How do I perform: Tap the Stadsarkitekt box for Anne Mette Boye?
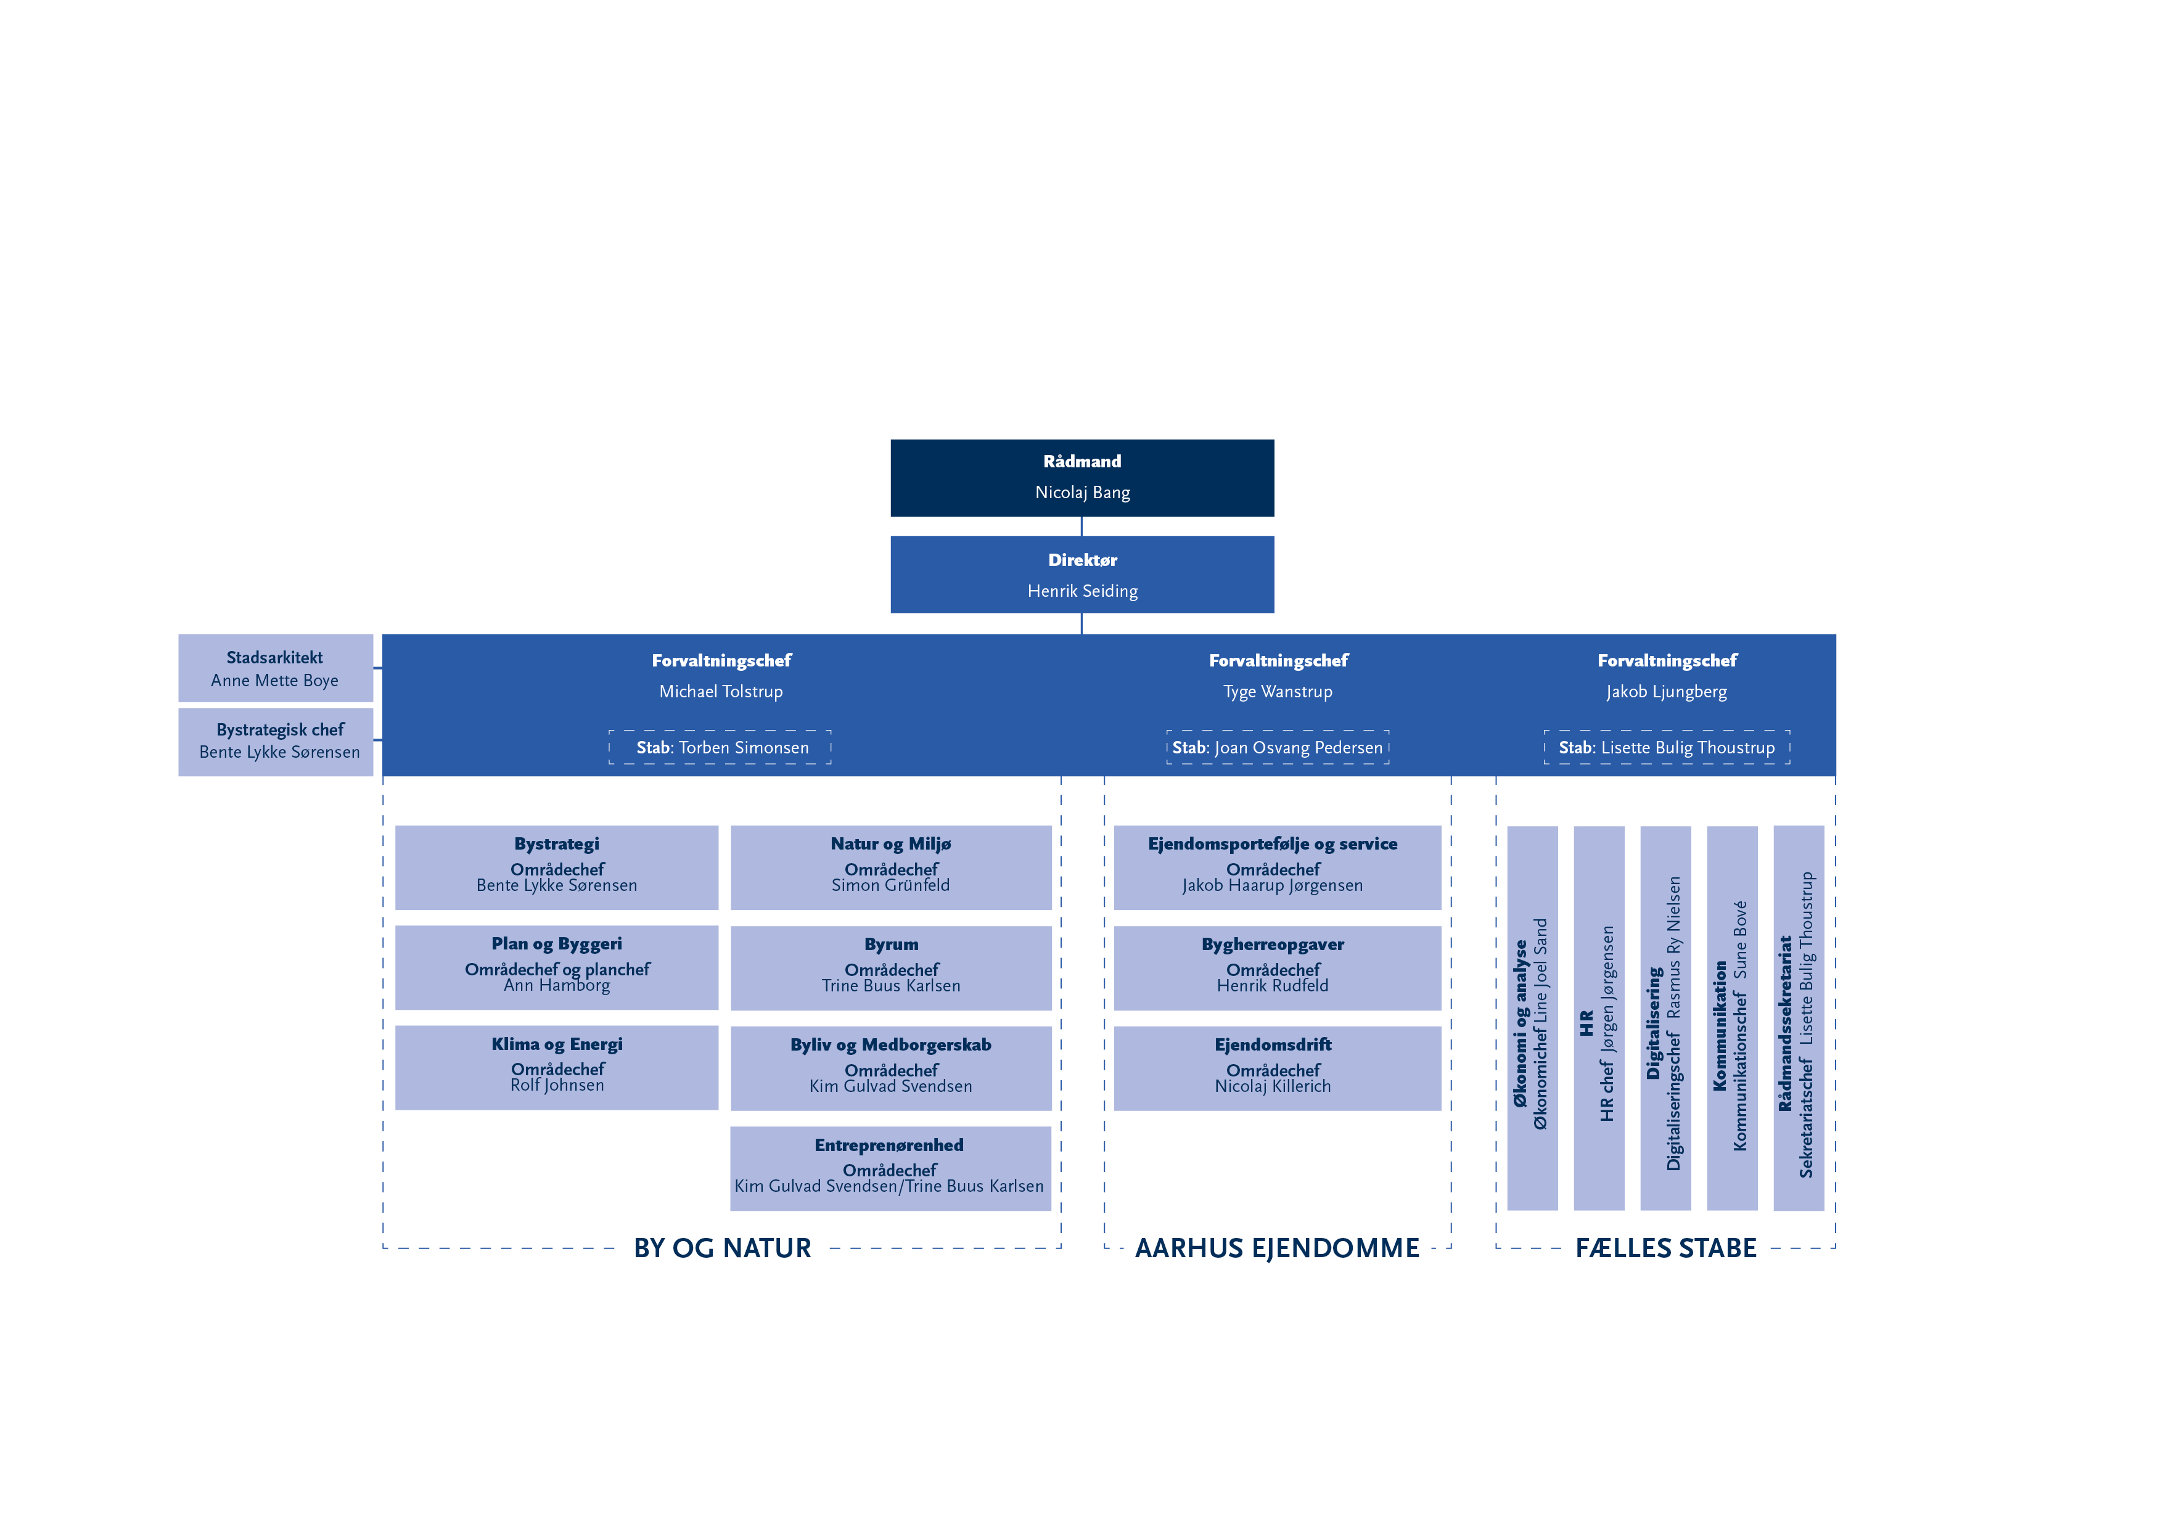click(x=275, y=668)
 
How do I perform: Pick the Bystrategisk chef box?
click(x=275, y=742)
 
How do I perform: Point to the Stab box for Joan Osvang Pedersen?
click(x=1278, y=747)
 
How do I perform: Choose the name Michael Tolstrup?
click(x=721, y=692)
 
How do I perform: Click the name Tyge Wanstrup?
click(x=1278, y=692)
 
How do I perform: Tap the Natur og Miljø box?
click(x=890, y=867)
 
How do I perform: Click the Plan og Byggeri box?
click(x=557, y=967)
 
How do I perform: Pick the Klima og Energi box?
click(x=557, y=1067)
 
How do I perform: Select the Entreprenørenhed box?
click(x=890, y=1168)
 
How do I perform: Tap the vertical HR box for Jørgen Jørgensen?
click(x=1599, y=1017)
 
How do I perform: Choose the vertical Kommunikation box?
click(x=1731, y=1017)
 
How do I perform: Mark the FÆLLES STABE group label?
click(x=1665, y=1248)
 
